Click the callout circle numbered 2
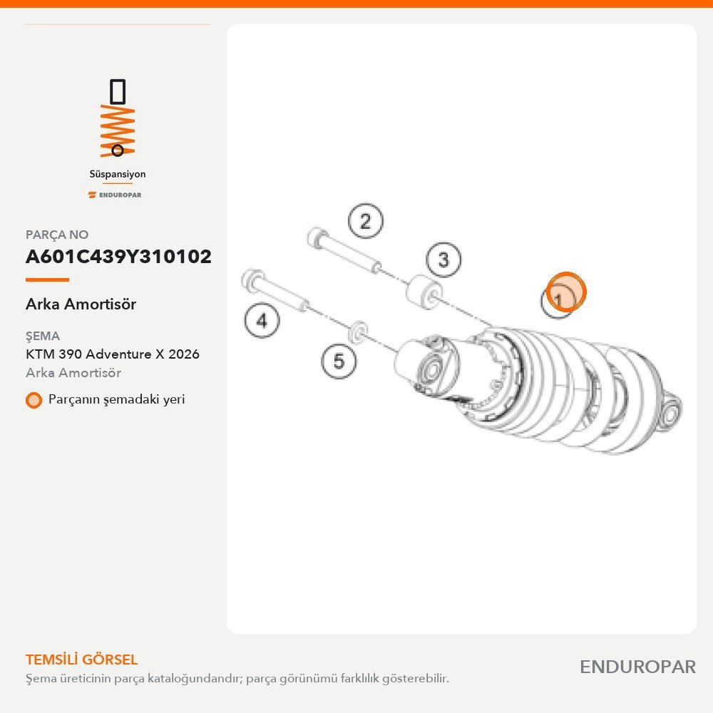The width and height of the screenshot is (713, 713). pos(366,222)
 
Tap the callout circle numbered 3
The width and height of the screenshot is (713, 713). pos(443,260)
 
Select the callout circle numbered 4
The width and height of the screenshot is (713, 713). pos(262,321)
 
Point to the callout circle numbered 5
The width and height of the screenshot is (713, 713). pos(339,361)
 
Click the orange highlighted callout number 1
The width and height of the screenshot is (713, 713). pos(565,292)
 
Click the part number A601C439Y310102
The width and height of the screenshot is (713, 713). pos(118,257)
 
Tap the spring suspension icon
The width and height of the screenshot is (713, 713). pos(118,118)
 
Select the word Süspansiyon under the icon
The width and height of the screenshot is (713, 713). pos(118,174)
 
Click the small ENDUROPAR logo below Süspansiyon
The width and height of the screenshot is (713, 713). pos(115,195)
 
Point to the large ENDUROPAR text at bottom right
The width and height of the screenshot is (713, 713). pos(638,667)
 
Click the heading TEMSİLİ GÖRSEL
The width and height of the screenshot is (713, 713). pos(82,660)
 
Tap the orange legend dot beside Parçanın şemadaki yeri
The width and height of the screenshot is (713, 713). pos(34,400)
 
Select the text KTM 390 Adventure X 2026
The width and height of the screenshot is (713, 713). pos(113,354)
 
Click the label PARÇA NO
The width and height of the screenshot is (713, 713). pos(57,235)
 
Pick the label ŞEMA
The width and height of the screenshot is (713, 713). pos(43,336)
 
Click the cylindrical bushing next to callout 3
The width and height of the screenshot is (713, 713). pos(424,293)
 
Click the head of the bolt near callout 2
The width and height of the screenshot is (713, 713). pos(317,238)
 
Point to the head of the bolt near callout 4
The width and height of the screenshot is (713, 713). pos(252,279)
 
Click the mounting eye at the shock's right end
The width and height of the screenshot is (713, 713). pos(670,412)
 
